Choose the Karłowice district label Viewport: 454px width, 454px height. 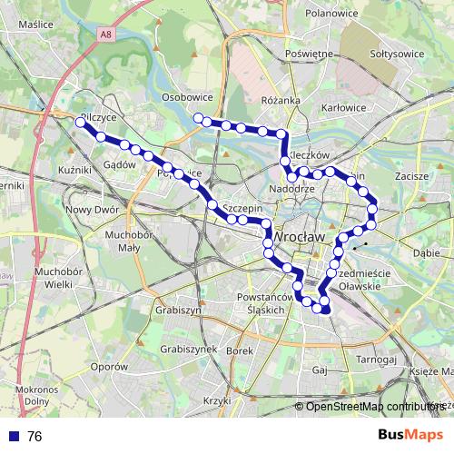(x=344, y=106)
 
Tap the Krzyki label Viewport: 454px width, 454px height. (x=217, y=400)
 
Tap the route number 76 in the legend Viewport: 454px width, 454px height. (x=35, y=437)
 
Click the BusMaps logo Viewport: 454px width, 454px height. (x=410, y=436)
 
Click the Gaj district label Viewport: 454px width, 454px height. (x=319, y=370)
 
